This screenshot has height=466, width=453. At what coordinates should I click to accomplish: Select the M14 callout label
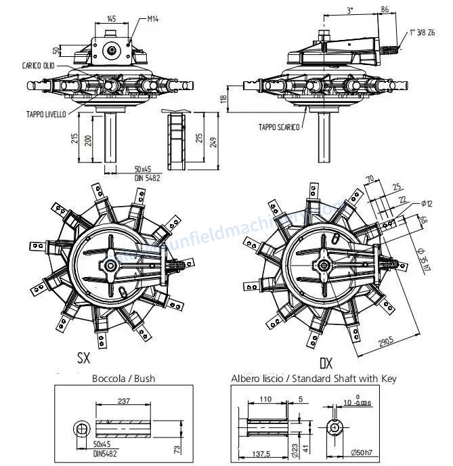click(x=153, y=20)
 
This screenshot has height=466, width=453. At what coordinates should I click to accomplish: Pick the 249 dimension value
click(x=215, y=140)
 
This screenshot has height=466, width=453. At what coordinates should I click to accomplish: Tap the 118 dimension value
click(x=224, y=98)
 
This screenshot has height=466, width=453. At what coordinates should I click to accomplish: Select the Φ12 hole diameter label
click(x=426, y=203)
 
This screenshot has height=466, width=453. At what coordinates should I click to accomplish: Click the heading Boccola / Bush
click(x=123, y=379)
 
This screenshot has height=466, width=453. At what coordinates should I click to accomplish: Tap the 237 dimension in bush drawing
click(x=123, y=400)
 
